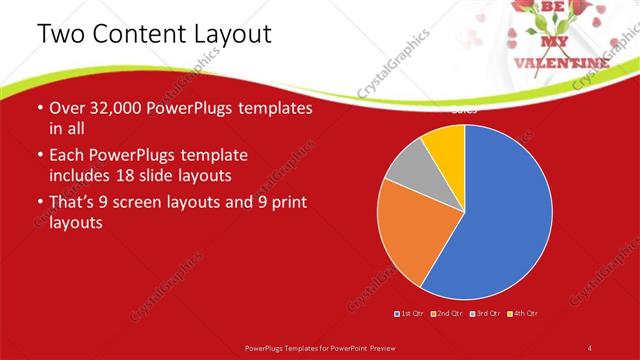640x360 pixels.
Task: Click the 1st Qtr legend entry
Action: (x=410, y=314)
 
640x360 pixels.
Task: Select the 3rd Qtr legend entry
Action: (x=484, y=314)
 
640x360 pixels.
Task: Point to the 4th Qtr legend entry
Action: (x=523, y=314)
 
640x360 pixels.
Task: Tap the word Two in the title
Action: (x=59, y=34)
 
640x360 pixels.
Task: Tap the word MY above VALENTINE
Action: (x=553, y=43)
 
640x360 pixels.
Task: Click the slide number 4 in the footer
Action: (x=590, y=346)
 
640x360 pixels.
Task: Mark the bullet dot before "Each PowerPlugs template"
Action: (x=39, y=156)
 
